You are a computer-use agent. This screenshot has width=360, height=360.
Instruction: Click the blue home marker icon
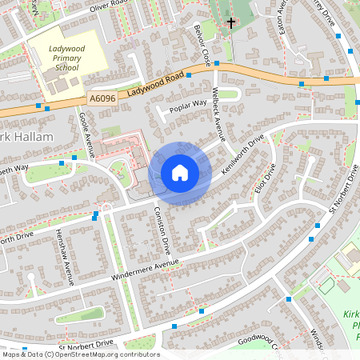point(180,172)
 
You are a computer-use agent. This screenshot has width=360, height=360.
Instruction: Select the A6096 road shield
point(102,98)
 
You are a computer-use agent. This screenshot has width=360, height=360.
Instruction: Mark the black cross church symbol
point(232,23)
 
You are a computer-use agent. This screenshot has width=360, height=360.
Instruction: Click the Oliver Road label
point(109,6)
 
